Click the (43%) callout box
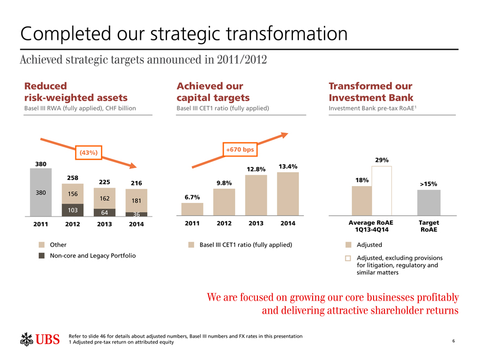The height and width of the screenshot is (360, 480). tap(88, 152)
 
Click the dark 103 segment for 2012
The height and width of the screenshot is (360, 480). tap(72, 210)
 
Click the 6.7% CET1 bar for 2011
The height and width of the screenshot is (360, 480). tap(192, 209)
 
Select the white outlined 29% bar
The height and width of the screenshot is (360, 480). tap(382, 191)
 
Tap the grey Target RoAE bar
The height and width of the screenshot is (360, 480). tap(428, 203)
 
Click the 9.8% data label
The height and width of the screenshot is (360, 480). tap(224, 183)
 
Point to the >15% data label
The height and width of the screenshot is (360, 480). tap(428, 184)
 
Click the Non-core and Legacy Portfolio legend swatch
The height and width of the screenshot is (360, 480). tap(41, 255)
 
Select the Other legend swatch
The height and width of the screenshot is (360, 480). tap(41, 245)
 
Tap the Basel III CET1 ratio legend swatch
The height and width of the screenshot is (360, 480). tap(191, 245)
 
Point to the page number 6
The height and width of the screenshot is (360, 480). tap(454, 341)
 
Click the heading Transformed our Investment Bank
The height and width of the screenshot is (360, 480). tap(370, 92)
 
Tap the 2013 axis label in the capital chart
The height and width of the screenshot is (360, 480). tap(256, 223)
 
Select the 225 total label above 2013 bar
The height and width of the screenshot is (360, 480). tap(105, 182)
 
